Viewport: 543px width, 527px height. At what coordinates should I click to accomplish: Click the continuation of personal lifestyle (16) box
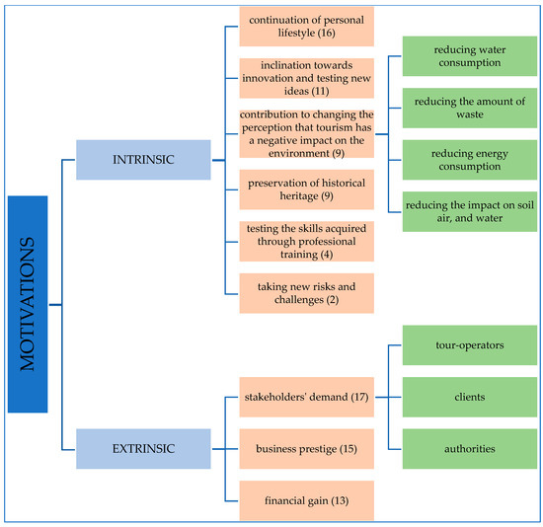306,27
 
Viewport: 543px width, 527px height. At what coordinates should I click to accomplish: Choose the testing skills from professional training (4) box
306,241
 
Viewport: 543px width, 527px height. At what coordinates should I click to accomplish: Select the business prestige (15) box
306,448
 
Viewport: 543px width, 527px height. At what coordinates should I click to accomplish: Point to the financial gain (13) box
306,500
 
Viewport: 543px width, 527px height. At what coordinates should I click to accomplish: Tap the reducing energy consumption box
469,160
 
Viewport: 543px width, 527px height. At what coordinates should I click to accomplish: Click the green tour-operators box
469,346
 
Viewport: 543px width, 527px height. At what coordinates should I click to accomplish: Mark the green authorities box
469,449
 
